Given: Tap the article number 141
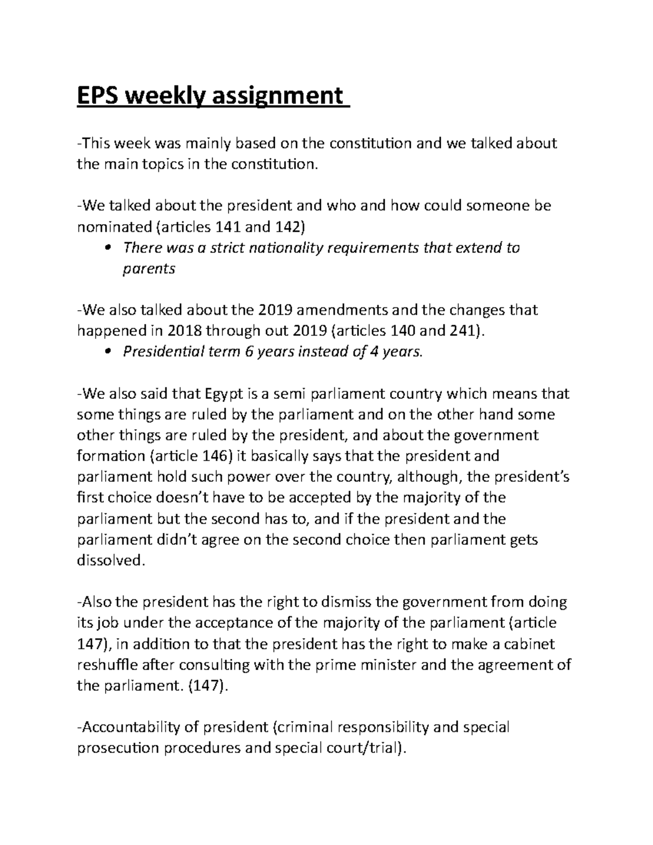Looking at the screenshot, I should [229, 227].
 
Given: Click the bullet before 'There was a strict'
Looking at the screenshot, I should [108, 248].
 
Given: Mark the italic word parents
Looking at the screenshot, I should [149, 269].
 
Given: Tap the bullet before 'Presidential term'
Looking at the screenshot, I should [108, 352].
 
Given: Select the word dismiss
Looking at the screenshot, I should [347, 602].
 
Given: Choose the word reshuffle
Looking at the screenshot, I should [108, 665].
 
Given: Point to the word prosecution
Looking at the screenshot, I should [116, 749].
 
